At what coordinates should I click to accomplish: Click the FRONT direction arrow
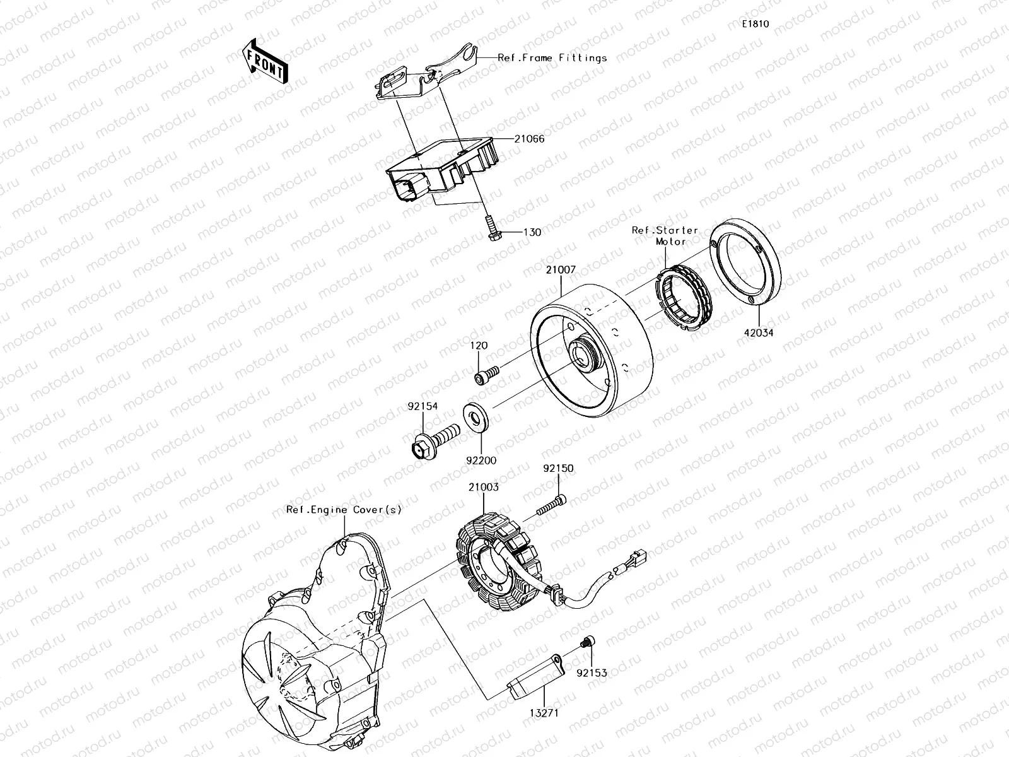(x=264, y=61)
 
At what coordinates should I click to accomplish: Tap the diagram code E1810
(x=755, y=24)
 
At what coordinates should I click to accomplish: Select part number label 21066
(x=528, y=139)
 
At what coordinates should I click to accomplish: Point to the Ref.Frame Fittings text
(x=552, y=57)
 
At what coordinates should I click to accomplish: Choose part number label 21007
(x=560, y=269)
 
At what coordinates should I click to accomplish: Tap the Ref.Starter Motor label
(x=665, y=235)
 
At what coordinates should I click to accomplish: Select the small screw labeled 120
(x=486, y=375)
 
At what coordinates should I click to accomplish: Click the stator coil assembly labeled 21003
(x=498, y=561)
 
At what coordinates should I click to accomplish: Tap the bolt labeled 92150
(x=551, y=505)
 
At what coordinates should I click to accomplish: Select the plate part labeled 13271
(x=534, y=678)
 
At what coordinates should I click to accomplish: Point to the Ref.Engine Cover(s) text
(x=343, y=510)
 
